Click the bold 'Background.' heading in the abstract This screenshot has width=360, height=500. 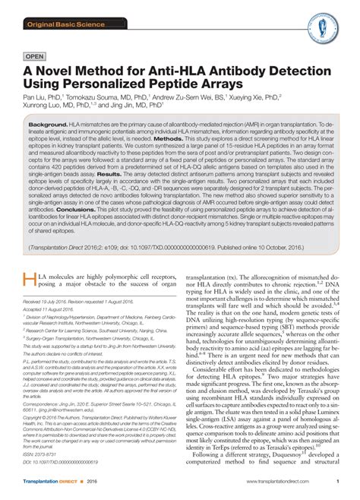48,124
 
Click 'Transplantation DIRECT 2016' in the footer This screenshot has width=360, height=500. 58,483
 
